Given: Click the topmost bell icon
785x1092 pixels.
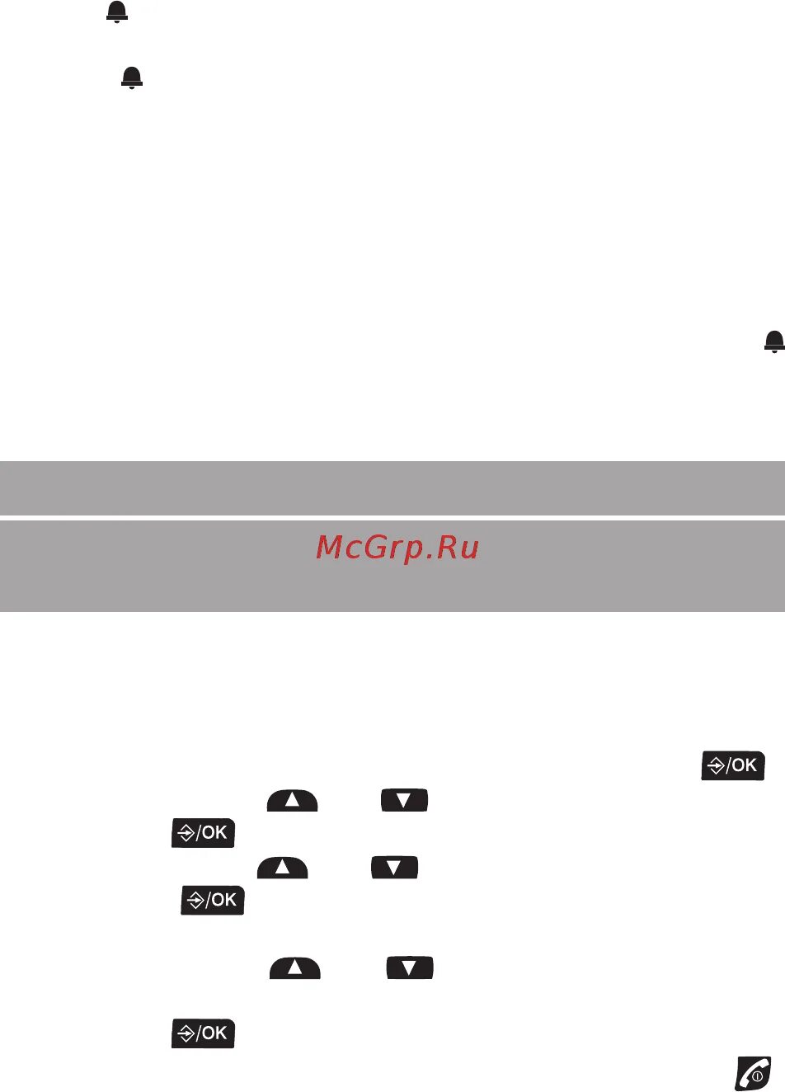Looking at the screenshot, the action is coord(117,12).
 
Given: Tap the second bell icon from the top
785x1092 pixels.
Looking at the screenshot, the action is coord(132,78).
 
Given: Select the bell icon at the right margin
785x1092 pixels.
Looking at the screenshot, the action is coord(773,341).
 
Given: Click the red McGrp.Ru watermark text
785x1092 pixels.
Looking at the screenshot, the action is coord(397,548).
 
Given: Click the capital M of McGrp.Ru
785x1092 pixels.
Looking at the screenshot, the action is coord(331,548).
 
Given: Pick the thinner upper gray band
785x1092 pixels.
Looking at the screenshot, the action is coord(392,487).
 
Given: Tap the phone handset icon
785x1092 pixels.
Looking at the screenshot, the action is coord(753,1073).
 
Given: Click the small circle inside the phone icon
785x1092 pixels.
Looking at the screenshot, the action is coord(758,1076).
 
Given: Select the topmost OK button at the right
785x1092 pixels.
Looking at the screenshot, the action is coord(733,765).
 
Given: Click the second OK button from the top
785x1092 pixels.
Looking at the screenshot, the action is coord(204,833).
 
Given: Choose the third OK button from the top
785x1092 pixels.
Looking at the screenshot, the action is coord(213,900).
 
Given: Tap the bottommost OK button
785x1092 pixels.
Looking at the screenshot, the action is coord(204,1033).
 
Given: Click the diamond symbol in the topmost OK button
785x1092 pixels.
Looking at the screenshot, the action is coord(716,766).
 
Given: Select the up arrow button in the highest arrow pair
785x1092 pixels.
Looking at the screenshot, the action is coord(292,801).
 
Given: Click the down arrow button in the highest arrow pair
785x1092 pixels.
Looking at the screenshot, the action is coord(404,801).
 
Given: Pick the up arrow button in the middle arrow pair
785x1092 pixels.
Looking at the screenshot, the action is coord(282,868).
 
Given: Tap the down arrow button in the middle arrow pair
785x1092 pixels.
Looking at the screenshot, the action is coord(394,868).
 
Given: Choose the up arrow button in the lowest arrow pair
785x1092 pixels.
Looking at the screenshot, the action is coord(294,967).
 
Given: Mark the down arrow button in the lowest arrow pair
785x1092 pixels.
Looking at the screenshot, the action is coord(410,967).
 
